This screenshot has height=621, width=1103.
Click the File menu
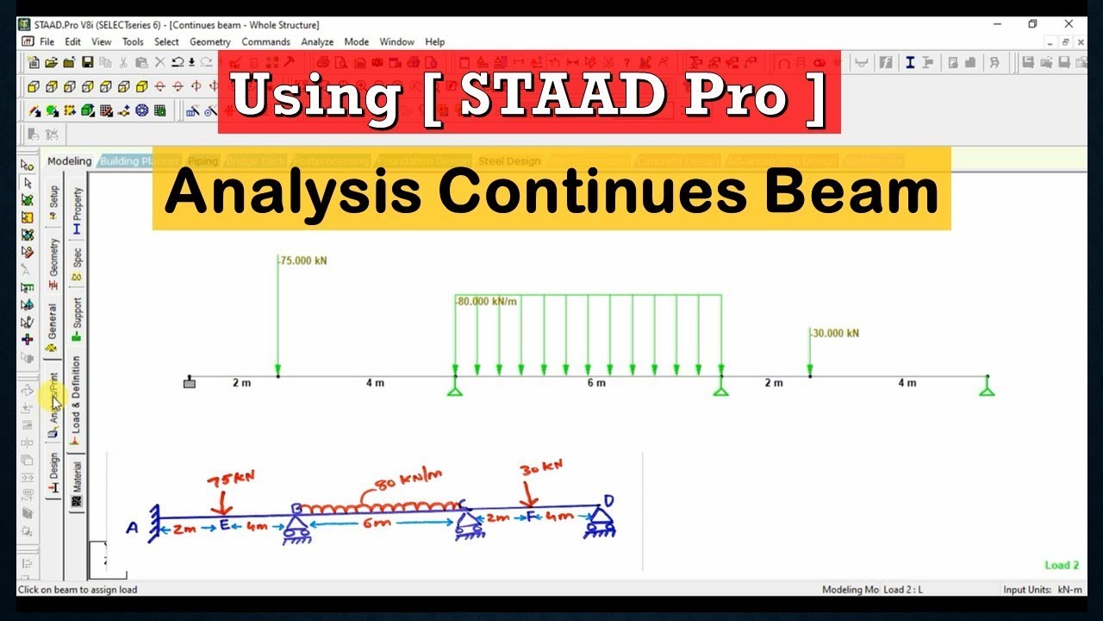[x=47, y=41]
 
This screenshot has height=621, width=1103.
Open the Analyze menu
[x=317, y=41]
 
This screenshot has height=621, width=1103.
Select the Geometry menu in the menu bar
[x=210, y=41]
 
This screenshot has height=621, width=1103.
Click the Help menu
[x=435, y=41]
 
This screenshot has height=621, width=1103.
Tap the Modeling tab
[x=69, y=161]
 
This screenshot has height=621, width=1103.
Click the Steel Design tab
[x=509, y=161]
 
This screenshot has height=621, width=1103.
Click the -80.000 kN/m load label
[x=487, y=302]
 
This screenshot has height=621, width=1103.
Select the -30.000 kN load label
[x=834, y=333]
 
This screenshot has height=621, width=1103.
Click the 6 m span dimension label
[x=596, y=383]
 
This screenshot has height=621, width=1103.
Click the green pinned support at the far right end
[x=987, y=389]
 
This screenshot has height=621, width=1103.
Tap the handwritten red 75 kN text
[x=231, y=480]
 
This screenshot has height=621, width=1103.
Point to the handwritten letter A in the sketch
[x=132, y=528]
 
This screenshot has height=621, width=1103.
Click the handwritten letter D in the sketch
[x=609, y=500]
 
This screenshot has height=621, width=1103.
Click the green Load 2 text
[x=1062, y=566]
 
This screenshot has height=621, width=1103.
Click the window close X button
[x=1069, y=24]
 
